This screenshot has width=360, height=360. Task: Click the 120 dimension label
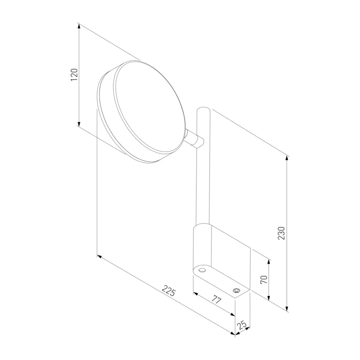[74, 74]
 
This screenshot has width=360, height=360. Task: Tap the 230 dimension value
[281, 233]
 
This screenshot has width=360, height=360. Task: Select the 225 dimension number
[169, 291]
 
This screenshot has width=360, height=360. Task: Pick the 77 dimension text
[216, 300]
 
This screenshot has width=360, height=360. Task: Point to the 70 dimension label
[264, 279]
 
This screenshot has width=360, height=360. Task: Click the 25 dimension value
[242, 325]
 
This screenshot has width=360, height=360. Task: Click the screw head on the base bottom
[236, 291]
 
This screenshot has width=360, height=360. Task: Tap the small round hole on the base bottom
[202, 270]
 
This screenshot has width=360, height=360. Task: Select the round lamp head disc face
[149, 108]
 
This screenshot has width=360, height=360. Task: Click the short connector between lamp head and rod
[195, 139]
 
